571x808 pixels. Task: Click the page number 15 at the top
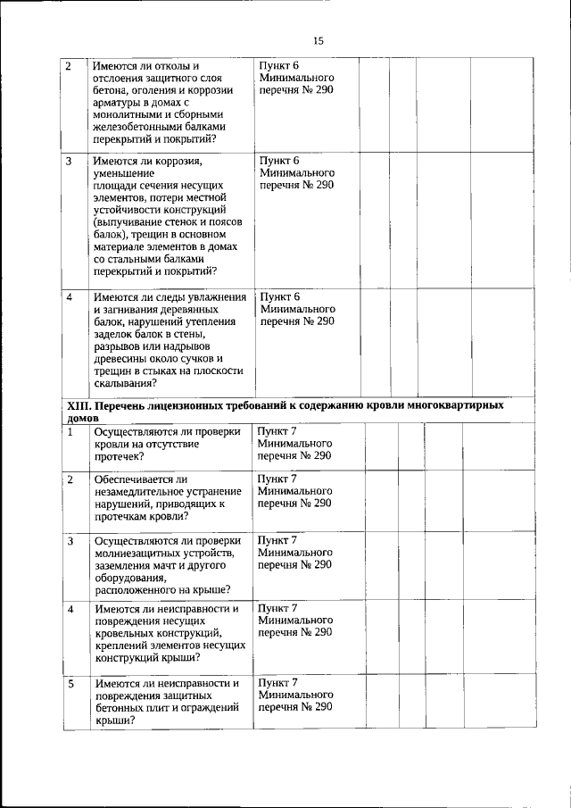pos(319,40)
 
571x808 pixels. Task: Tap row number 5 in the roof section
pos(72,683)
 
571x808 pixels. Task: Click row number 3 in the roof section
pos(72,540)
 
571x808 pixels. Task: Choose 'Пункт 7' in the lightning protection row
pos(277,539)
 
